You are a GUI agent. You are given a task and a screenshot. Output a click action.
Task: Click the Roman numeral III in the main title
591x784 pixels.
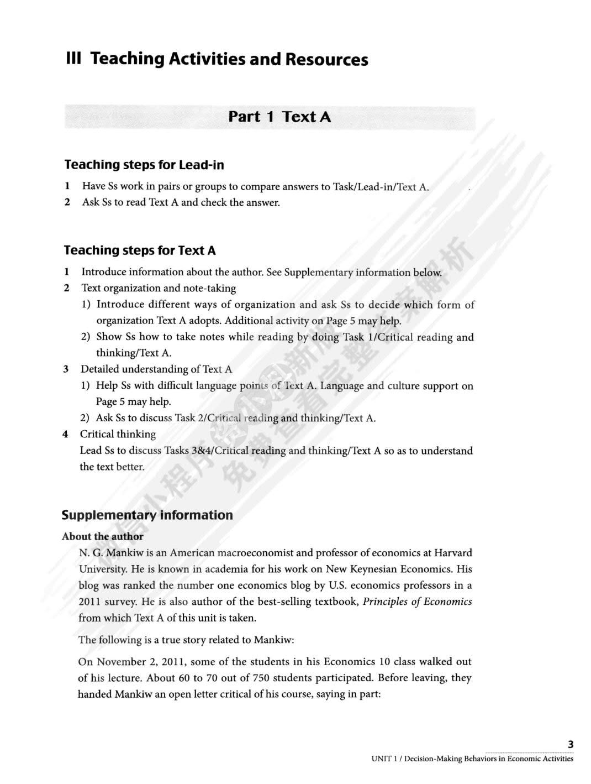pyautogui.click(x=73, y=59)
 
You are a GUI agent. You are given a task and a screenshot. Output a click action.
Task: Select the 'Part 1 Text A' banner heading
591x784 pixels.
pyautogui.click(x=279, y=117)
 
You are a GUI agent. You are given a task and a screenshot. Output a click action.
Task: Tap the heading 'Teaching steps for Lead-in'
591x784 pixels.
pyautogui.click(x=144, y=165)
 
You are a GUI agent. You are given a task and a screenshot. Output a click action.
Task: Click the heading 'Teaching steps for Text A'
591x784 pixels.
pyautogui.click(x=140, y=250)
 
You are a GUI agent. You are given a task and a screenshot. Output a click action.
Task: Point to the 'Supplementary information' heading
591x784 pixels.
pyautogui.click(x=147, y=515)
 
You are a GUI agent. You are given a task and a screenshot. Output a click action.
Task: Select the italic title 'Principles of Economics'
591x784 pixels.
pyautogui.click(x=417, y=602)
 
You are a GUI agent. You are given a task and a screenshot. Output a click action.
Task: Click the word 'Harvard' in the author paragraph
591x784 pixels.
pyautogui.click(x=453, y=552)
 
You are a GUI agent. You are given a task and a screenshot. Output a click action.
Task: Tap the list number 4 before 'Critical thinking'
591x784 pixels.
pyautogui.click(x=65, y=434)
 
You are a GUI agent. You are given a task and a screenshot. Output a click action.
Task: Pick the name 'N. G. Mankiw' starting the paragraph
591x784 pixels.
pyautogui.click(x=105, y=553)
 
